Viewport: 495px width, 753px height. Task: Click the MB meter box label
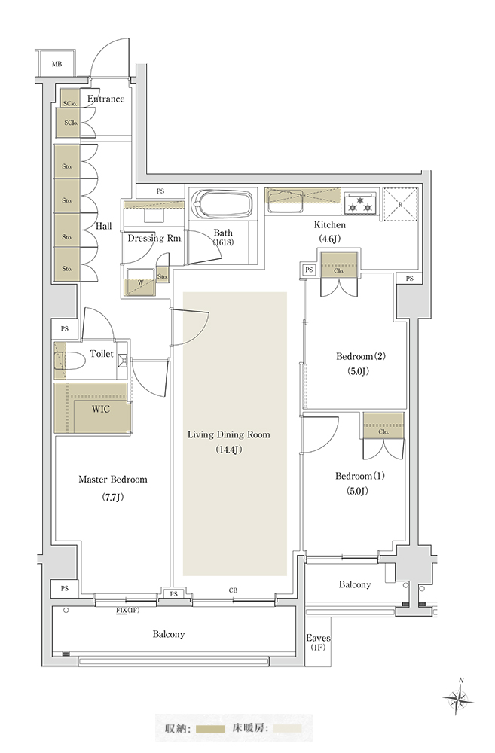click(x=57, y=64)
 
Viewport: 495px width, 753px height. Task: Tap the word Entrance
click(x=105, y=99)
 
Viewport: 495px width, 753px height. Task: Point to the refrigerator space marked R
click(x=400, y=204)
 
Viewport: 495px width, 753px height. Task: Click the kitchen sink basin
click(x=286, y=201)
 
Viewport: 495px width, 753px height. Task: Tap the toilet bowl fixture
click(x=73, y=361)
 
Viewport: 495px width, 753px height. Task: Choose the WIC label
click(x=101, y=409)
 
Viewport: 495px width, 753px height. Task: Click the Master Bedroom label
click(x=113, y=479)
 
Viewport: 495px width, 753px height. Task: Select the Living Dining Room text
click(x=229, y=434)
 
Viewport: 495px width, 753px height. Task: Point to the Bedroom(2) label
click(x=361, y=356)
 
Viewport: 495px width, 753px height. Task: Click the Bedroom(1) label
click(x=360, y=476)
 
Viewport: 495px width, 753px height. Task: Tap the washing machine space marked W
click(x=140, y=282)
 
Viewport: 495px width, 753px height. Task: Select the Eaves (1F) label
click(x=318, y=642)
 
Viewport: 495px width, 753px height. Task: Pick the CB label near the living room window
click(x=233, y=590)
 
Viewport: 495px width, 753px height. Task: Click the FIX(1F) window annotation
click(x=127, y=611)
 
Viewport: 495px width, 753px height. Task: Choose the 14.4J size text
click(x=229, y=450)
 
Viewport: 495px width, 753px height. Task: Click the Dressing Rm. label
click(x=155, y=238)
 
